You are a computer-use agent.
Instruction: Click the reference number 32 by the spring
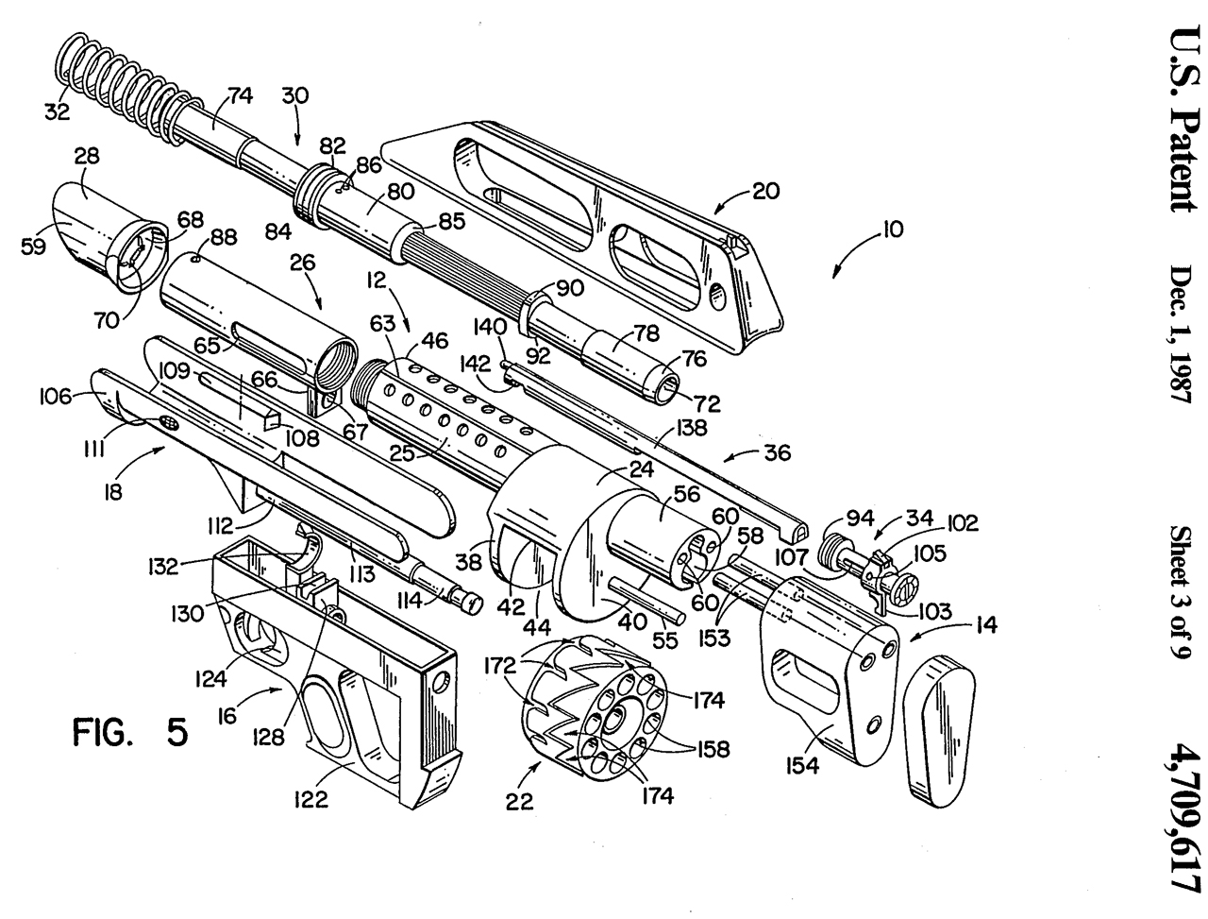tap(57, 111)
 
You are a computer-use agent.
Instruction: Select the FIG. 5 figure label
tap(131, 732)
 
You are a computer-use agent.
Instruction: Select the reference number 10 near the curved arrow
tap(892, 229)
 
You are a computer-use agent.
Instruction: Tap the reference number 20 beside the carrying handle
tap(765, 191)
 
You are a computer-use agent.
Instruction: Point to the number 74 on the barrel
tap(241, 95)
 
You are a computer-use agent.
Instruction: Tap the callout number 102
tap(964, 521)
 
